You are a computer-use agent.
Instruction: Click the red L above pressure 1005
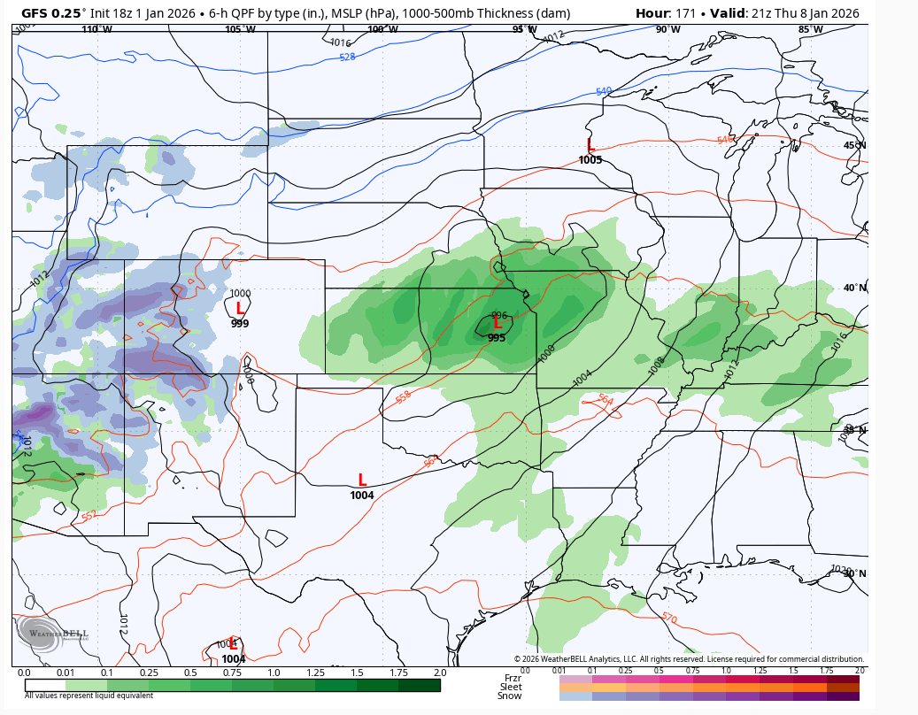coord(590,144)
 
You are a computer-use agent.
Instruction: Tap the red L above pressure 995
coord(498,325)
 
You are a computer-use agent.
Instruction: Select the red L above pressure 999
coord(240,309)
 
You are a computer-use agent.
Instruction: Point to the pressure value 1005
coord(590,160)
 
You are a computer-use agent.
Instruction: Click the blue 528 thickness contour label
coord(347,58)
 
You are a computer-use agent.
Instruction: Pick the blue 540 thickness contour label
coord(603,91)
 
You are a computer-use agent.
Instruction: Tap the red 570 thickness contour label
coord(669,619)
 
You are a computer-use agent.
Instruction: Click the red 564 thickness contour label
coord(606,400)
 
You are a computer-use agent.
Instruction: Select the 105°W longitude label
coord(240,29)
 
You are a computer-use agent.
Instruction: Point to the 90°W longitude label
coord(668,29)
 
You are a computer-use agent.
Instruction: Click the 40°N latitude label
coord(854,288)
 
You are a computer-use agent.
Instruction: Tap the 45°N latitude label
coord(854,145)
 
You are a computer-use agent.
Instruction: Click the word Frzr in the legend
coord(513,678)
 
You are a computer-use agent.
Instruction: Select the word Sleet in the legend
coord(511,687)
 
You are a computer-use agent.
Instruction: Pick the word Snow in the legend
coord(509,696)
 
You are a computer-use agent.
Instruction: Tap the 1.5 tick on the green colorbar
coord(357,673)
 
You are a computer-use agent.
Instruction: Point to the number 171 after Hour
coord(684,13)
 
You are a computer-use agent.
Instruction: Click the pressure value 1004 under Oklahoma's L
coord(361,496)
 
